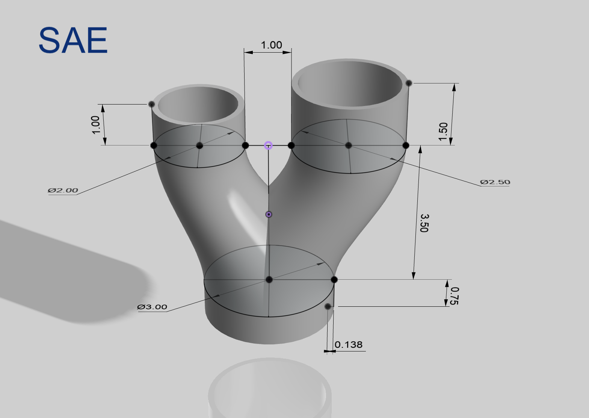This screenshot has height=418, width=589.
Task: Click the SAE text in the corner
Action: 73,40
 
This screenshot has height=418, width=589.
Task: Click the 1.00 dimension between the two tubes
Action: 271,45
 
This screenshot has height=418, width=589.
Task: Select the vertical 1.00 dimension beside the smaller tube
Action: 96,125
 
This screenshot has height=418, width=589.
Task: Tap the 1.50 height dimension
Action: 444,131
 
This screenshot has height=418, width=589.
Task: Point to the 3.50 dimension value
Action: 424,223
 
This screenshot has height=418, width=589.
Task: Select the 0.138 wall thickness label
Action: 348,345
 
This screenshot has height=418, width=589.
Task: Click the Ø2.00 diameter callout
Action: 63,190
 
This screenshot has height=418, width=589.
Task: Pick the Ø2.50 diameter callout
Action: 495,182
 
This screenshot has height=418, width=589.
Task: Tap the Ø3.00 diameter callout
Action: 152,307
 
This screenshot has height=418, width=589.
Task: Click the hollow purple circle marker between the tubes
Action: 268,145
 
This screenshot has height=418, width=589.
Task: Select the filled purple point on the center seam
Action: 269,214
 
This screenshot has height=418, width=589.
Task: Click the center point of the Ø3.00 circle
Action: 269,280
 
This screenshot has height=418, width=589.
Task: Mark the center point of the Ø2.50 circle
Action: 348,145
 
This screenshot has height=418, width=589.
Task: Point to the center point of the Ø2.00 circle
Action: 199,145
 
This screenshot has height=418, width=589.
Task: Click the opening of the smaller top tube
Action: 198,104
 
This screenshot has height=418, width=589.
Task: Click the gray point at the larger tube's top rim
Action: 409,83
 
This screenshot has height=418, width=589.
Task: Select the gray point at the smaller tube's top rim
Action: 151,104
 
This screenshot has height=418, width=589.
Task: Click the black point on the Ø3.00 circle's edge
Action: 334,280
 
